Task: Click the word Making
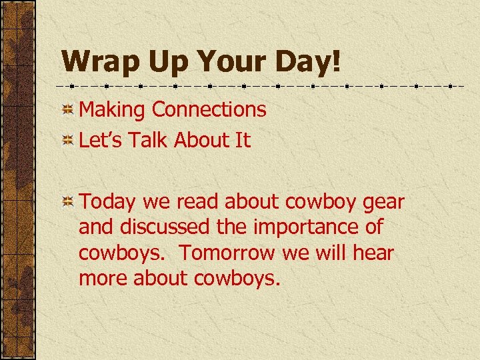(113, 110)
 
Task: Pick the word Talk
(147, 140)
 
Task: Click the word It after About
(242, 140)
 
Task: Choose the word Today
(107, 202)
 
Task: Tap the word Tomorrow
(227, 253)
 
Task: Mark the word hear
(373, 253)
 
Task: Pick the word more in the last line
(103, 279)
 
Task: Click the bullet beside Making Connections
(68, 110)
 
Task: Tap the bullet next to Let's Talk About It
(68, 140)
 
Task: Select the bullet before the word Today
(68, 202)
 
